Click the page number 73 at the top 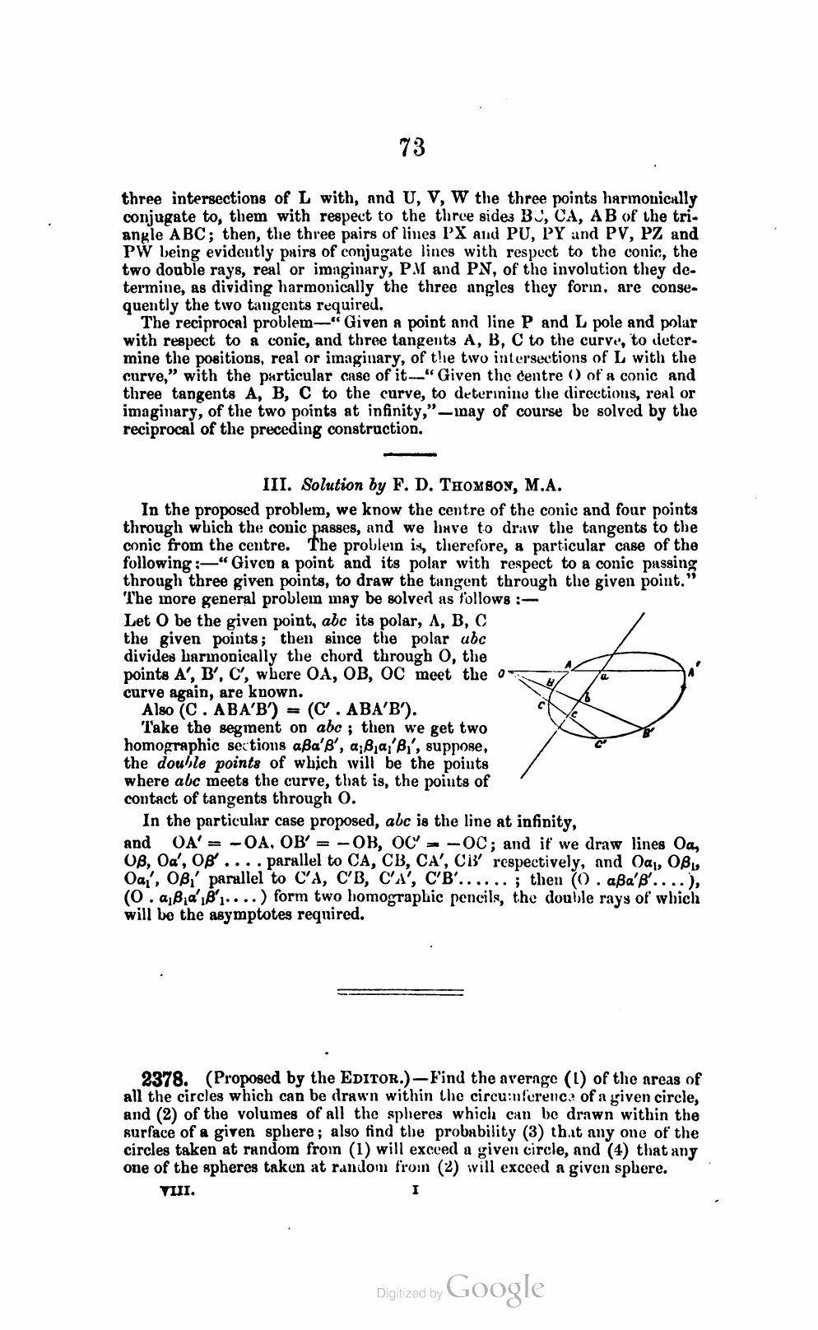click(412, 147)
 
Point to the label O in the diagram click(501, 675)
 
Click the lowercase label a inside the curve click(603, 677)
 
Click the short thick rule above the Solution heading click(410, 454)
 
